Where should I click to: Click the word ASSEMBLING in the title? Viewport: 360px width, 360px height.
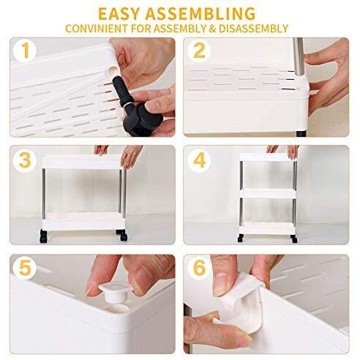coord(200,14)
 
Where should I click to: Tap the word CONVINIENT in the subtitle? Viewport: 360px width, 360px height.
coord(97,29)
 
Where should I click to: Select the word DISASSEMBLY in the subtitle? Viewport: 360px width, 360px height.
coord(253,29)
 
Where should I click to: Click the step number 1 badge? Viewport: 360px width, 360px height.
coord(26,50)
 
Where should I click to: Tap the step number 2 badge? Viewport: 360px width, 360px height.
coord(199,50)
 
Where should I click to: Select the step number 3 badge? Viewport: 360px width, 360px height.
coord(25,160)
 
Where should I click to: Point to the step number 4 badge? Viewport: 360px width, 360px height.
coord(199,160)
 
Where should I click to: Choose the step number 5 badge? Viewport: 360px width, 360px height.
coord(26,268)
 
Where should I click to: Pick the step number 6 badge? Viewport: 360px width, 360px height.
coord(199,268)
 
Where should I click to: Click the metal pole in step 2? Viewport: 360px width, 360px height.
coord(299,56)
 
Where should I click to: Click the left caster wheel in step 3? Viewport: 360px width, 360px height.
coord(43,236)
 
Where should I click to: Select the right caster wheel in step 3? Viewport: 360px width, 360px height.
coord(122,235)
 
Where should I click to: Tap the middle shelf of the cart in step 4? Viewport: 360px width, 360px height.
coord(268,193)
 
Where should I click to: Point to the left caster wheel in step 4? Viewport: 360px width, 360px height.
coord(241,238)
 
